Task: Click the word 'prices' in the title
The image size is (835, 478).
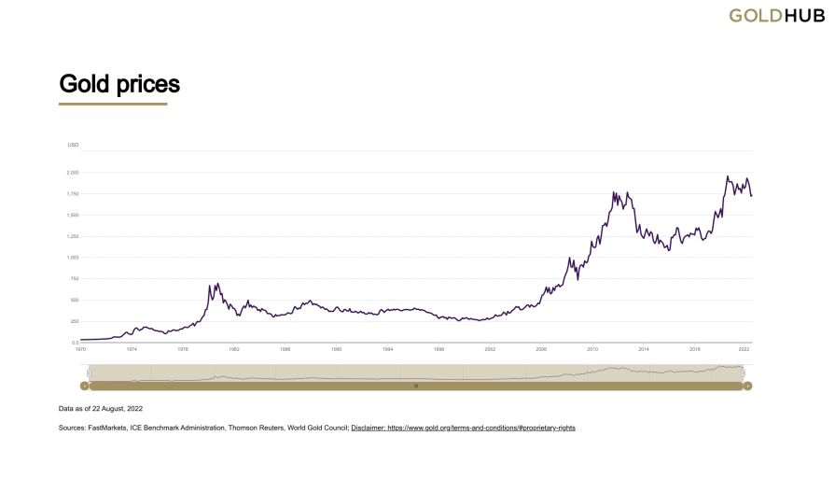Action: point(148,84)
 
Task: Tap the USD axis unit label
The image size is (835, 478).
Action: point(73,146)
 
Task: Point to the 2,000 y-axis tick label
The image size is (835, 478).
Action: point(73,173)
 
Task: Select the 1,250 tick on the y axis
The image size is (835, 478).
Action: point(73,236)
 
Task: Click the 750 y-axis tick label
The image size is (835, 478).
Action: point(75,279)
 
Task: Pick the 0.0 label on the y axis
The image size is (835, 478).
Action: point(75,343)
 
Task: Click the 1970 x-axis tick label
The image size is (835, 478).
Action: point(81,349)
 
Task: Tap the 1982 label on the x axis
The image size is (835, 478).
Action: point(234,349)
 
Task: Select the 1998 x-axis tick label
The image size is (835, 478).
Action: point(438,349)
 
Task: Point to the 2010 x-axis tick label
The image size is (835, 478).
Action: point(592,349)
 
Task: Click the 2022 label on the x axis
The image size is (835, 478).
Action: point(745,349)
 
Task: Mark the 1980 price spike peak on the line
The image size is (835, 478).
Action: point(217,284)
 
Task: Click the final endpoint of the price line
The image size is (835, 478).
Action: point(752,195)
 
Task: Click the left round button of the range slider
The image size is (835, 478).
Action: point(84,385)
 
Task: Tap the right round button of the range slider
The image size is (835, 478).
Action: point(747,385)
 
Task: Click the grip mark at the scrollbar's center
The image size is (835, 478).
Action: point(416,385)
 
